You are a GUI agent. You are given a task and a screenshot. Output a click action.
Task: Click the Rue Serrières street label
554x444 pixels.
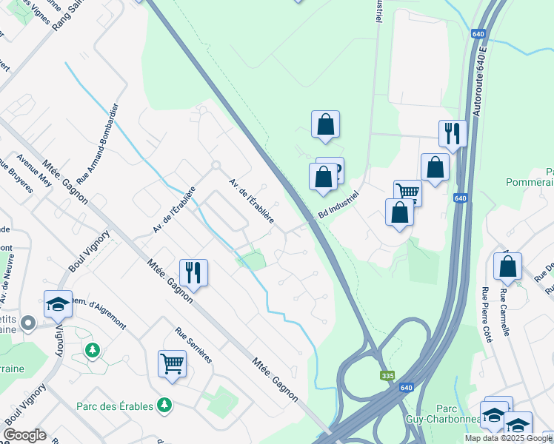click(x=194, y=345)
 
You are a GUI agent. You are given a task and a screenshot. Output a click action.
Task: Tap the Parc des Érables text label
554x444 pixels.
click(x=115, y=406)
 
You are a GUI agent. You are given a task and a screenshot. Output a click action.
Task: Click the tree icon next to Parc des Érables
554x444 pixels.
click(x=164, y=406)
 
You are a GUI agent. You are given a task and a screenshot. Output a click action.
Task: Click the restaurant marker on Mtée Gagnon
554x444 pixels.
click(x=193, y=272)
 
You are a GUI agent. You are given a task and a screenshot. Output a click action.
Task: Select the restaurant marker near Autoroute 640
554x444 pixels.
click(x=453, y=133)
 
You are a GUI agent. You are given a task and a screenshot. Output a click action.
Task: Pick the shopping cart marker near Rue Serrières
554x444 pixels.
click(x=172, y=363)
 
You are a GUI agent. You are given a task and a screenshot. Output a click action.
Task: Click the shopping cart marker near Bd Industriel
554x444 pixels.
click(x=407, y=192)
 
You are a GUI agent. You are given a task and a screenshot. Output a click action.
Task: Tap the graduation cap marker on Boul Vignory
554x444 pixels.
click(x=58, y=304)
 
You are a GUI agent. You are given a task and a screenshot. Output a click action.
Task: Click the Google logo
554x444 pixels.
click(x=25, y=435)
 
